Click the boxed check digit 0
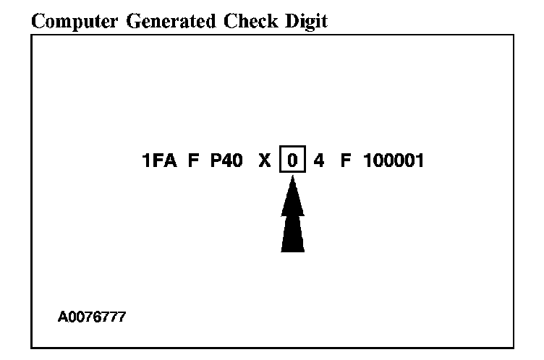tap(292, 160)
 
